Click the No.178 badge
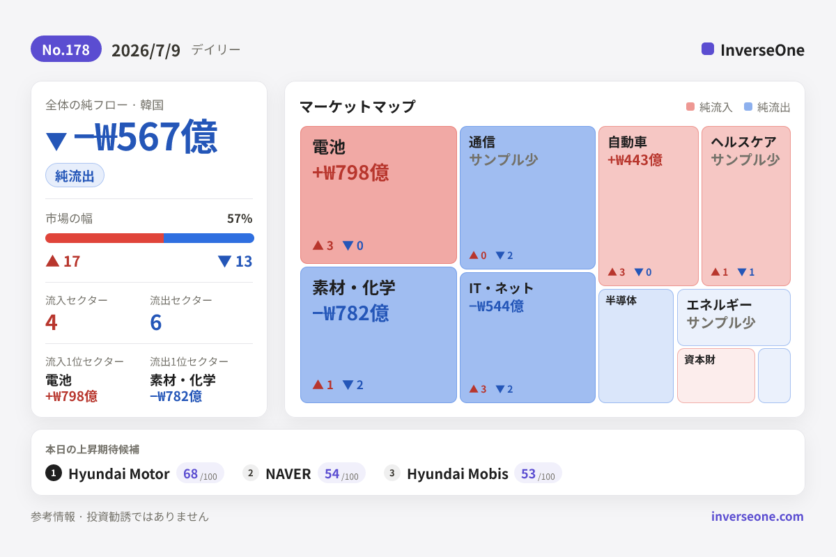click(x=66, y=49)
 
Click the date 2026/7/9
click(x=146, y=50)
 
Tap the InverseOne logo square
click(x=708, y=49)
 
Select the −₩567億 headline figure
click(x=146, y=136)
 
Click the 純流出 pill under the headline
click(x=75, y=175)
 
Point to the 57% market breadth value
click(x=240, y=218)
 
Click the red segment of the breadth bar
click(x=104, y=238)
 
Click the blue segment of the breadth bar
click(x=209, y=238)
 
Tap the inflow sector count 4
click(x=52, y=322)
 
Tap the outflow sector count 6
click(x=155, y=322)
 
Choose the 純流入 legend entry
click(x=709, y=107)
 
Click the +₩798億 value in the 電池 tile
click(x=350, y=173)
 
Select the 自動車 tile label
click(x=627, y=142)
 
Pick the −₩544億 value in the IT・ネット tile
click(x=496, y=306)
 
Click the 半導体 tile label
click(x=621, y=300)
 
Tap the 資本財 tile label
click(x=699, y=360)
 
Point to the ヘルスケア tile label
click(x=743, y=142)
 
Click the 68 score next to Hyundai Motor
click(x=190, y=473)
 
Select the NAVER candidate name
click(x=288, y=474)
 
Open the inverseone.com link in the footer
click(x=757, y=517)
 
